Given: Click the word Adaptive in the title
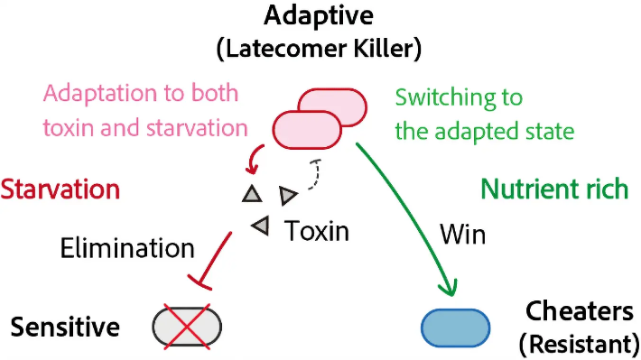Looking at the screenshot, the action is click(319, 16).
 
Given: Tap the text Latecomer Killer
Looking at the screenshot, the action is click(319, 48).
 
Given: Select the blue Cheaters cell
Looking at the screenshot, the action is click(455, 328).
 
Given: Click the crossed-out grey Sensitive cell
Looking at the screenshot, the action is click(187, 327).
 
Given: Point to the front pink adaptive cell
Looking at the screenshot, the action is click(307, 130).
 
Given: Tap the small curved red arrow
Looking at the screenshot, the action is click(255, 159).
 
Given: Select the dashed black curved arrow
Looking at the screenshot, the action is click(315, 174).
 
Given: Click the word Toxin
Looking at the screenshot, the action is click(316, 231).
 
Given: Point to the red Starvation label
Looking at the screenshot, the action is click(60, 189).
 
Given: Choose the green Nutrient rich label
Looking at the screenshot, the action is click(554, 189).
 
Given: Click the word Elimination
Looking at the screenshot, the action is click(127, 248).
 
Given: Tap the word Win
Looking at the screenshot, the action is click(463, 235).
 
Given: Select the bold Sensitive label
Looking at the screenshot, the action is click(65, 327).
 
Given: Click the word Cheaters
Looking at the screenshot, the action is click(580, 311).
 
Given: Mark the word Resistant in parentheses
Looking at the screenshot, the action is click(580, 344).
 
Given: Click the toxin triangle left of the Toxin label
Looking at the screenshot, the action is click(260, 226).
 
